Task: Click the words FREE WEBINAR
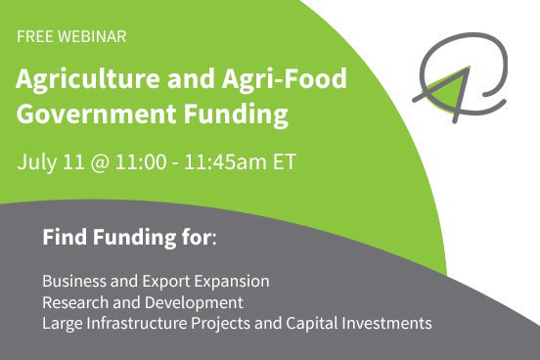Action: point(70,36)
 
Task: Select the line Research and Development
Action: point(142,302)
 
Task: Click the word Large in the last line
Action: point(62,322)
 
